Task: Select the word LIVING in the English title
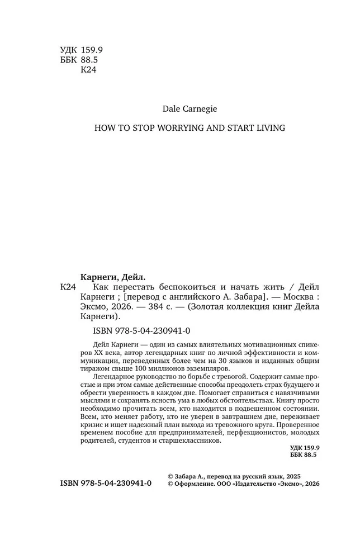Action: tap(271, 128)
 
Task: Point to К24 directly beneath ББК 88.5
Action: tap(89, 70)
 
